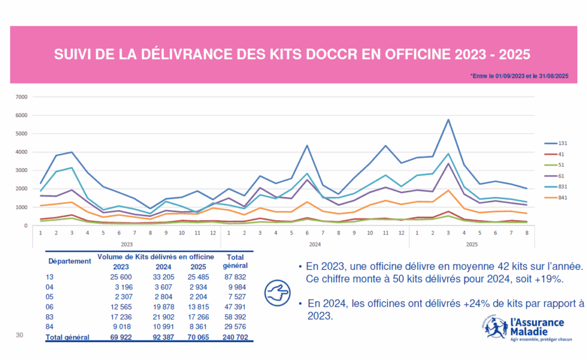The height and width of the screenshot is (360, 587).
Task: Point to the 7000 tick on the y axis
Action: point(21,97)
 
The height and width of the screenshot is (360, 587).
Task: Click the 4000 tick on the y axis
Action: point(21,152)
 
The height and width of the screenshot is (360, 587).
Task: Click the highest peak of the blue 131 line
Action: point(448,120)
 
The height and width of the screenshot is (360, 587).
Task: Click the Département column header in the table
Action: point(69,261)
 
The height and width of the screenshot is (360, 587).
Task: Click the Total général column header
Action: point(236,261)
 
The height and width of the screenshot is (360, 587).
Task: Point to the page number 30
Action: point(19,334)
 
